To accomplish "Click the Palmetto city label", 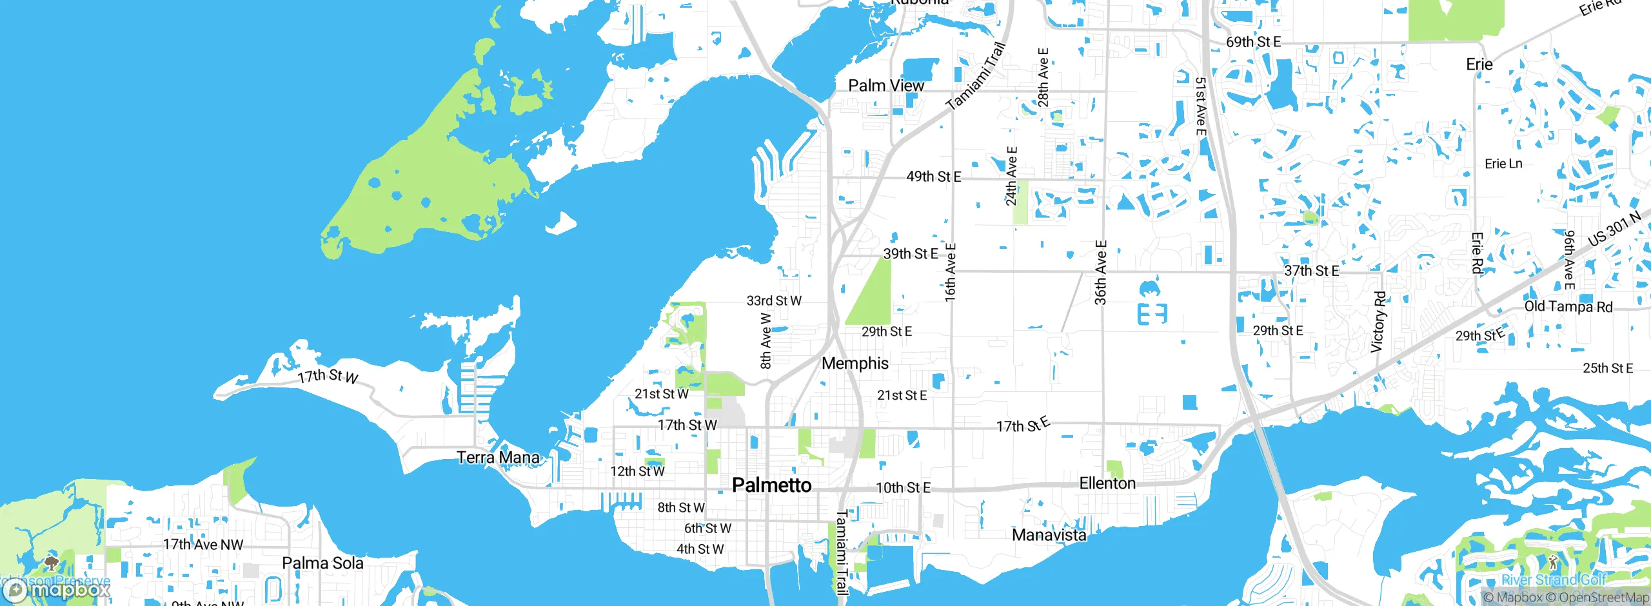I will coord(771,485).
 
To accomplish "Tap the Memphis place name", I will coord(855,364).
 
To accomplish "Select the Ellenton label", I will coord(1107,484).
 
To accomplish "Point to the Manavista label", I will coord(1049,535).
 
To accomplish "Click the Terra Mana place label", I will coord(498,458).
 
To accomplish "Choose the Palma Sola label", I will coord(322,563).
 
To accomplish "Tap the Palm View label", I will coord(885,86).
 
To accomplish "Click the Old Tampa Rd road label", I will coord(1568,307).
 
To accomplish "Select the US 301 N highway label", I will coord(1614,229).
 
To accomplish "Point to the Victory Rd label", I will coord(1378,322).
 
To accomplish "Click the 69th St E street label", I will coord(1253,43).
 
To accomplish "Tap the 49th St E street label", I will coord(933,177).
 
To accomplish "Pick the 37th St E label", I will coord(1311,271).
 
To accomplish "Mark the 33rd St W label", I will coord(774,301).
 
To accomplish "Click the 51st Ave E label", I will coord(1200,106).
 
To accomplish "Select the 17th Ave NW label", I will coord(203,545).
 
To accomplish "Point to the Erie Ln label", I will coord(1503,164).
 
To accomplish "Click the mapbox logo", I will coord(57,589).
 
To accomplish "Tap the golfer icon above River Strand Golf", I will coord(1553,562).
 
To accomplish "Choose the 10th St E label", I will coord(903,488).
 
